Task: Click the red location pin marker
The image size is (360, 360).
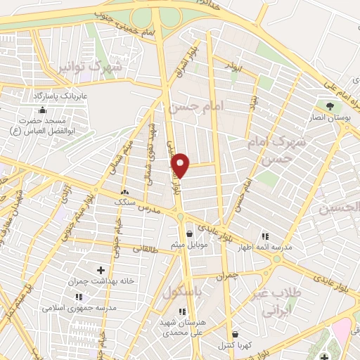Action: click(181, 165)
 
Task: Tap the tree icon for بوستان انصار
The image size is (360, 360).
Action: click(330, 107)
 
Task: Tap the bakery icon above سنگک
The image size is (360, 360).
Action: click(125, 192)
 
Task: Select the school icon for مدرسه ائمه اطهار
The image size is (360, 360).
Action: click(265, 236)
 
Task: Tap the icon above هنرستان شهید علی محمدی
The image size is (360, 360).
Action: click(182, 311)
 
